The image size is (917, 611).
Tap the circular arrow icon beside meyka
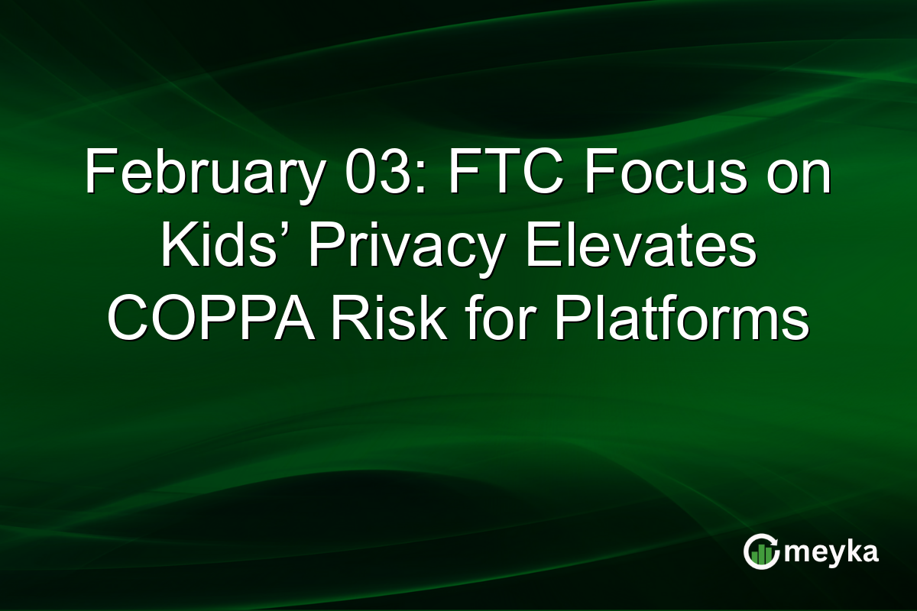coord(761,552)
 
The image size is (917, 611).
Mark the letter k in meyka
coord(847,550)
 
